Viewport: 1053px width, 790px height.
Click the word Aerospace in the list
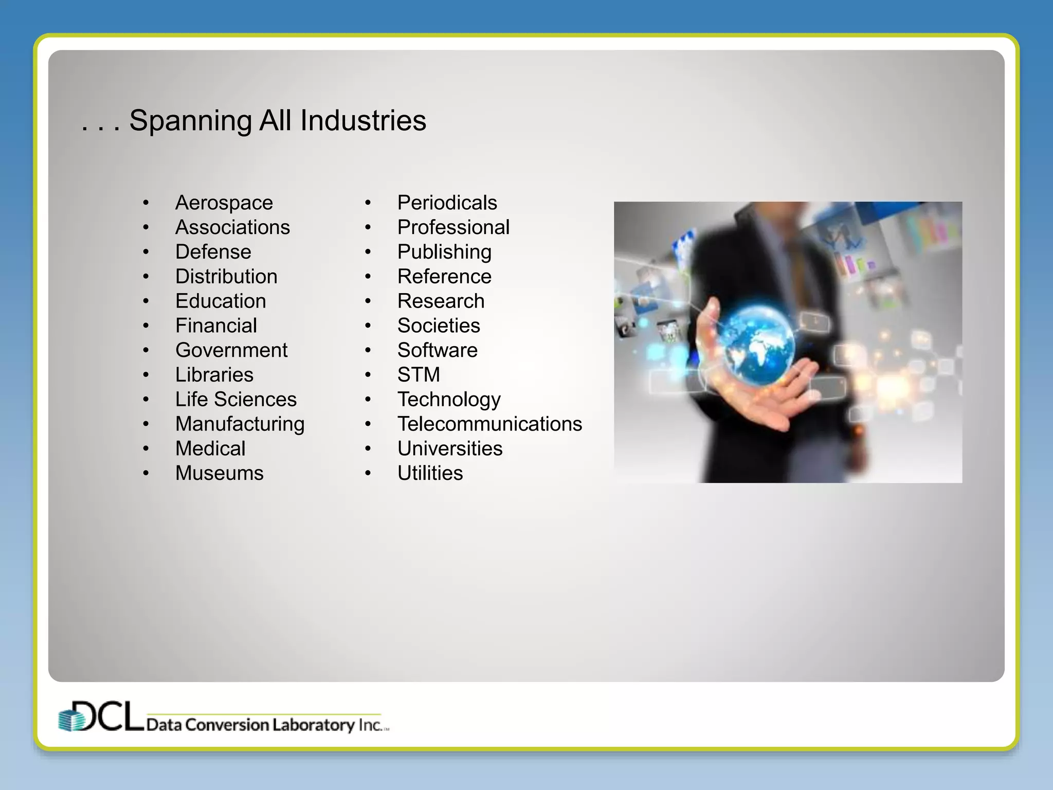coord(224,203)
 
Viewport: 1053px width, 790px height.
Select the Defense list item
coord(213,252)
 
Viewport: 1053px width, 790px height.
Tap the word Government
coord(231,350)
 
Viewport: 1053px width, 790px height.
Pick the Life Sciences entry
coord(235,400)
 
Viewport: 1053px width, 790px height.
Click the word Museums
coord(219,473)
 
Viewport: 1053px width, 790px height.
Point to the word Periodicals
coord(447,203)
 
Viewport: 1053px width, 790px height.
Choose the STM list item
coord(419,375)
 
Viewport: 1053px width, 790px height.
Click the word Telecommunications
coord(489,424)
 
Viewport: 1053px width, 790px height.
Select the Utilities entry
coord(430,473)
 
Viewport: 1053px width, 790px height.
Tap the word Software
coord(437,350)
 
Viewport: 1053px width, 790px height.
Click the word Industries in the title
coord(363,120)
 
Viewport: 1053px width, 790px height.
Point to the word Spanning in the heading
coord(190,121)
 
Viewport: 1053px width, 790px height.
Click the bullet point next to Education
coord(146,301)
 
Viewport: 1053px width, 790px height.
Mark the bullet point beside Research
coord(368,301)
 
